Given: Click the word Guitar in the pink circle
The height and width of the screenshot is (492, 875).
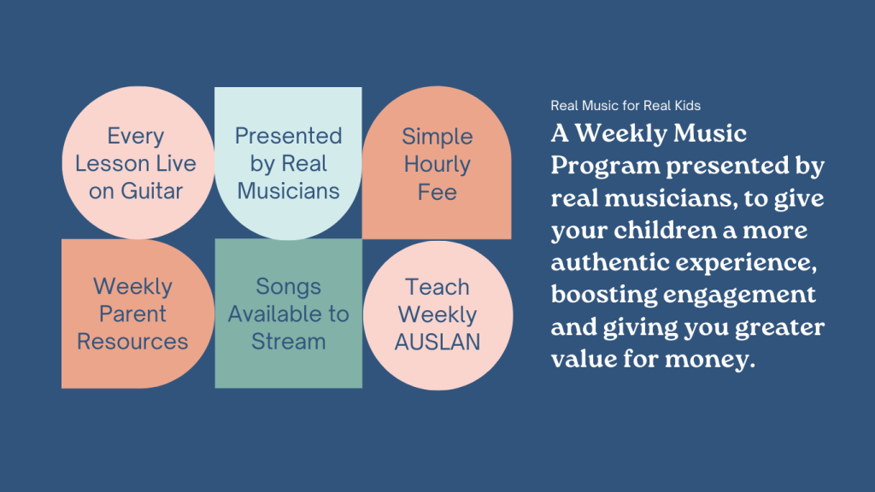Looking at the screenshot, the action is point(152,191).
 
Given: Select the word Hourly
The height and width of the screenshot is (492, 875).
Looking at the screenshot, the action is point(437,165).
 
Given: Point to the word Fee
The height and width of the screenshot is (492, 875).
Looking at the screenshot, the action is point(437,192).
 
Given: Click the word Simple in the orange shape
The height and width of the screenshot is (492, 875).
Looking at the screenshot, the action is point(437,138).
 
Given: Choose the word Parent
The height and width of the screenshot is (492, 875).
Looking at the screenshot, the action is point(132,314).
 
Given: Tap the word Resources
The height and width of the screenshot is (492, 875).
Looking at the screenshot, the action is point(132,342).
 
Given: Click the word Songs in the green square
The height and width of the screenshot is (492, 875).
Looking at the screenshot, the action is point(288,287).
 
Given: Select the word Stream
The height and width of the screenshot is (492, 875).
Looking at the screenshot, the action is point(288,342).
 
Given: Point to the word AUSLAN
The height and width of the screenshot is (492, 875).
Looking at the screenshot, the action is point(437,342).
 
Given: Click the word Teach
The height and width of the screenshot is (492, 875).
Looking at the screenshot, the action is point(437,287).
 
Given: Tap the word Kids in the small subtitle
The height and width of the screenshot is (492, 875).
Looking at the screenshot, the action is point(688,105).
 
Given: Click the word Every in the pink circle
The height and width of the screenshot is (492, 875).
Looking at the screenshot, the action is point(136,137).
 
